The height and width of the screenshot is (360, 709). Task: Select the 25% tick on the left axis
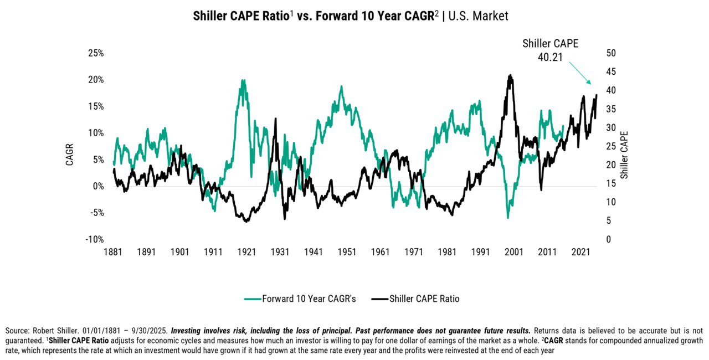[x=95, y=53]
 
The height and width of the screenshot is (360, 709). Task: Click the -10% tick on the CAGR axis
[x=94, y=239]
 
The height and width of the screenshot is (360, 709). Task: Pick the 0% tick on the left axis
[x=98, y=186]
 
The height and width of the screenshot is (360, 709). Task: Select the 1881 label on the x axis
[x=112, y=252]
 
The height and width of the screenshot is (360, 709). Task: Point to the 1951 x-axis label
[x=347, y=252]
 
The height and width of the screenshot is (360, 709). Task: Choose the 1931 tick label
[x=280, y=252]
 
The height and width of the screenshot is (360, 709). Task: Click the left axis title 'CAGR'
[x=70, y=155]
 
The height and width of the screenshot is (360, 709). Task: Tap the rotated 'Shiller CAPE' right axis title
[x=624, y=155]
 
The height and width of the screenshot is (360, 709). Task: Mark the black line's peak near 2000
[x=510, y=76]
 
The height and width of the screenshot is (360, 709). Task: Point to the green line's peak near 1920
[x=243, y=81]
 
